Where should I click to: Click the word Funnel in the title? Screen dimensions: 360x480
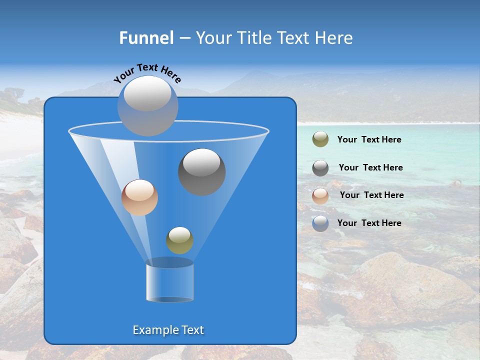(146, 38)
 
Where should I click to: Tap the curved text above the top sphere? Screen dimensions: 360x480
(147, 72)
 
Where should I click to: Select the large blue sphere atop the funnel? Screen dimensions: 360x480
(148, 106)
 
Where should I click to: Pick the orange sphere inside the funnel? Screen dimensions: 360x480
(139, 198)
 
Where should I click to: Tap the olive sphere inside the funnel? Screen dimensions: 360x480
(179, 240)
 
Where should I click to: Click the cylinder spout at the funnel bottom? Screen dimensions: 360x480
(169, 280)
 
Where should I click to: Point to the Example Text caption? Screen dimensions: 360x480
(168, 330)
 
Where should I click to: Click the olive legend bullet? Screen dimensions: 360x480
(320, 139)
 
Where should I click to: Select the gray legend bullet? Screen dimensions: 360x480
(320, 168)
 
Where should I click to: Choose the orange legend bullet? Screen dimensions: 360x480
(320, 195)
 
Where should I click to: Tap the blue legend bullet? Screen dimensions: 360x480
(320, 223)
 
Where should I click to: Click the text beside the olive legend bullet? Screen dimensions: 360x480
(369, 140)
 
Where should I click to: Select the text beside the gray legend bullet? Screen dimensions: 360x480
(370, 167)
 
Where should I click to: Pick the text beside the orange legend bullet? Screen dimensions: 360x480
(371, 195)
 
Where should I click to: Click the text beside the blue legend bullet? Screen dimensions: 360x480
(369, 223)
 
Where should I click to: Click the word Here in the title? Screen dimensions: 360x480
(335, 38)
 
